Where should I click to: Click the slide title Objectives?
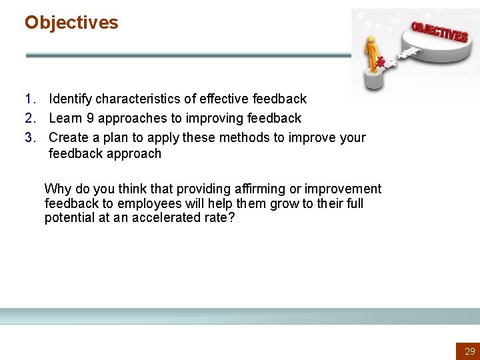(x=71, y=23)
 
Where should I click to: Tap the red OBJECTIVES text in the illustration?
(x=439, y=31)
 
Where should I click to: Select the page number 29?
(x=470, y=351)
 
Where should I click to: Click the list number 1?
(x=30, y=99)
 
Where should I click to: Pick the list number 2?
(x=30, y=119)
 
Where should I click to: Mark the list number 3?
(x=30, y=138)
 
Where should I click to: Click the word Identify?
(x=71, y=99)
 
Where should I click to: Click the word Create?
(x=68, y=138)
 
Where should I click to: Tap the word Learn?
(x=65, y=119)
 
